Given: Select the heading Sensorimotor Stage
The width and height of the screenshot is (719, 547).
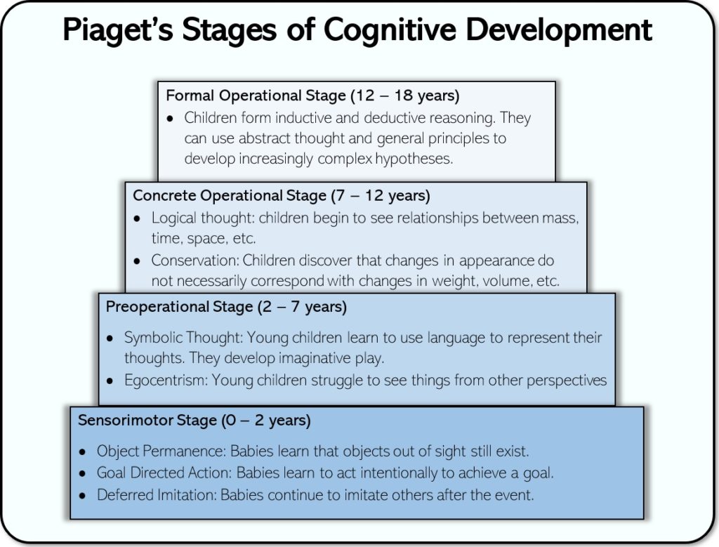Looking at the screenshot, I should pos(147,421).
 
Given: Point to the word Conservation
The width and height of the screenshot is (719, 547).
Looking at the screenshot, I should pos(194,261).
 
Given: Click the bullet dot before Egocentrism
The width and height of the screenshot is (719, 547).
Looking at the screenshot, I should pos(110,381).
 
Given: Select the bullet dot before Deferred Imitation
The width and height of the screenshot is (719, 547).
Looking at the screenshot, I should pos(83,495).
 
